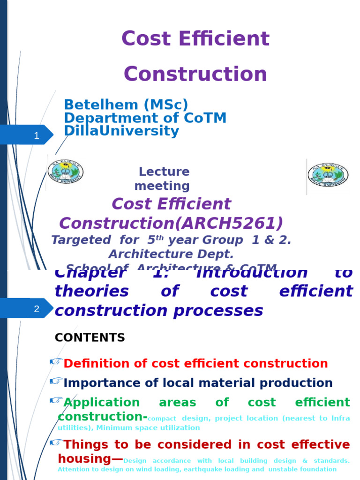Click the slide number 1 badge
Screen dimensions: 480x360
(x=36, y=136)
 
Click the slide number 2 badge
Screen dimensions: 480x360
(x=36, y=309)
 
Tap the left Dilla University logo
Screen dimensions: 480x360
(x=66, y=172)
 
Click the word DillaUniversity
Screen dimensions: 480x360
(x=121, y=131)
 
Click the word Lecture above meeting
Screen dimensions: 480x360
(x=164, y=172)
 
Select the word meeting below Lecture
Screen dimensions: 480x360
(x=162, y=186)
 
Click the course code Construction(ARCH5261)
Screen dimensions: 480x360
(x=171, y=224)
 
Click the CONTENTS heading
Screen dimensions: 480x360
(x=90, y=337)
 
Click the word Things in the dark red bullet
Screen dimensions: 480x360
(x=84, y=444)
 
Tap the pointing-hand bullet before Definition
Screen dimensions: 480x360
(x=56, y=361)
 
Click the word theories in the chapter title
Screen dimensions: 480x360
(x=91, y=292)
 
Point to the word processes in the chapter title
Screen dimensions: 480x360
(x=224, y=311)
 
